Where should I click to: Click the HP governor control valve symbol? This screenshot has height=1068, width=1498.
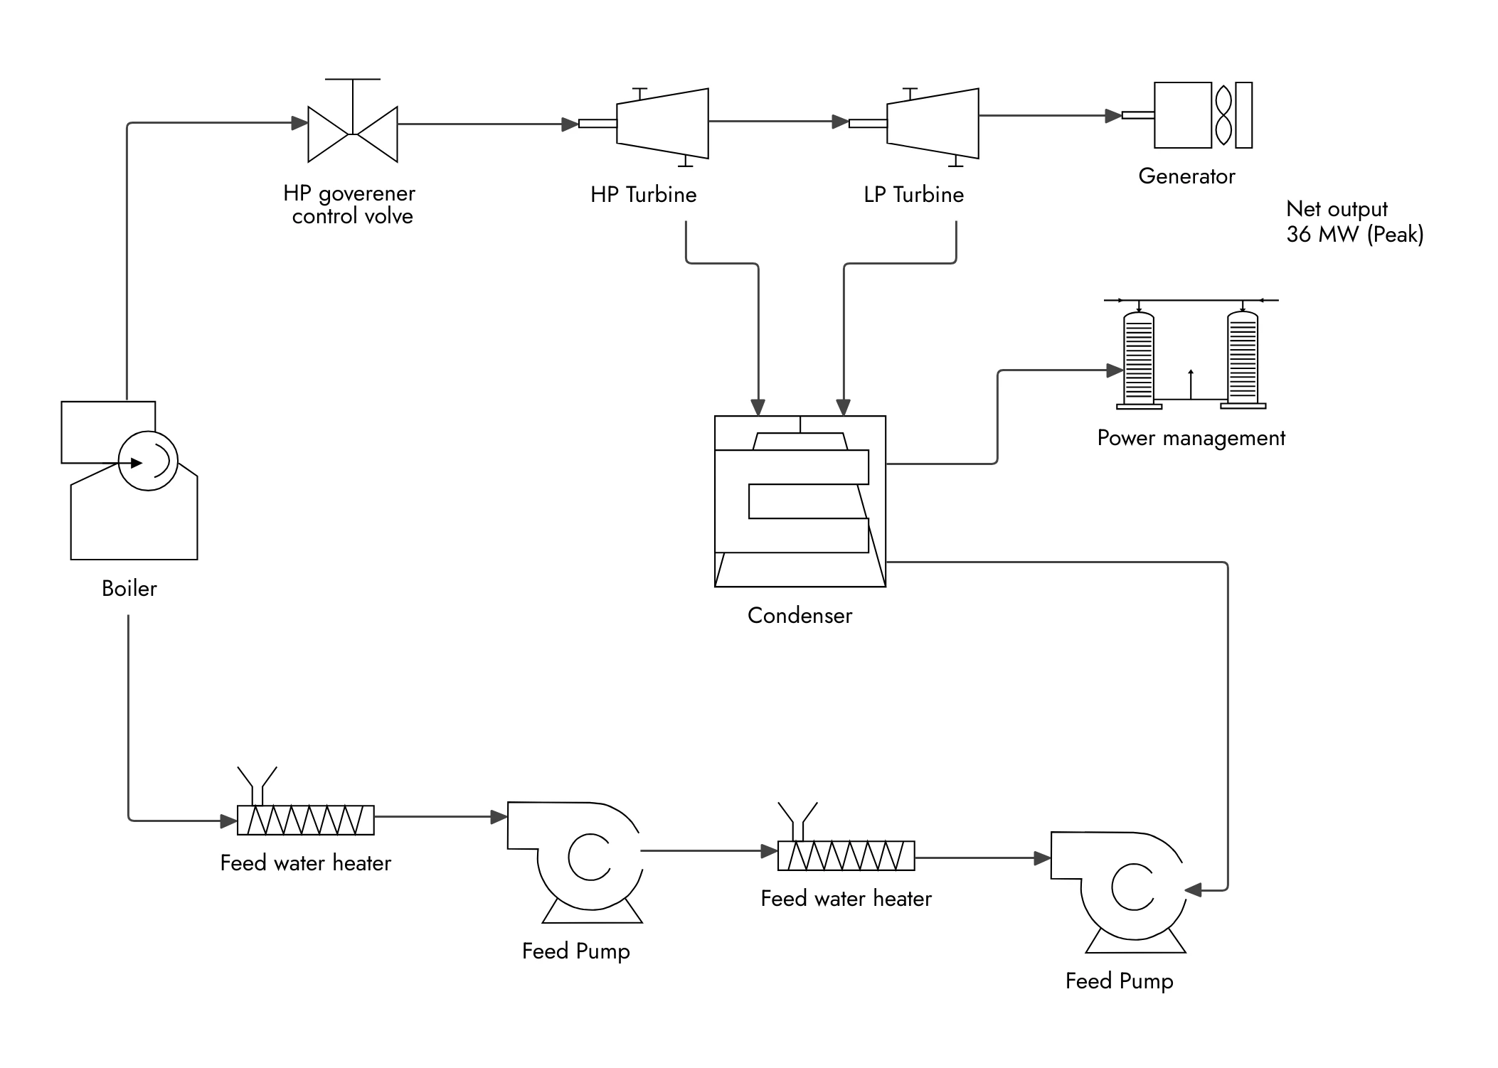352,134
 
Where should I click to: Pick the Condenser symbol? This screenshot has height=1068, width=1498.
800,501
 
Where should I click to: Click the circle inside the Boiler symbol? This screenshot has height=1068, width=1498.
148,461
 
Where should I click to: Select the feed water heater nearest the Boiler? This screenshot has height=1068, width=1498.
305,820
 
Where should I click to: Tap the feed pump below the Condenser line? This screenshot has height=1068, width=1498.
1119,889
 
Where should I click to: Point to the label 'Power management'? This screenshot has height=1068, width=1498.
1191,438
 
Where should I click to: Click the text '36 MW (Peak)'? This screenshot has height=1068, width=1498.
1354,234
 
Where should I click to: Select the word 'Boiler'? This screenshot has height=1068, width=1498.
129,588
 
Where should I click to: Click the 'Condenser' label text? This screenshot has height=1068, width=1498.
800,615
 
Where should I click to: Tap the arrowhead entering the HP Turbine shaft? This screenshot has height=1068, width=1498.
570,124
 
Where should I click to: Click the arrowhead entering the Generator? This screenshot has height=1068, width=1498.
1113,115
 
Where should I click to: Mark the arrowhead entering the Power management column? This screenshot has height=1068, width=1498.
1115,370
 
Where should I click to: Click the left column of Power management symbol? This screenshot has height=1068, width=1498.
1138,359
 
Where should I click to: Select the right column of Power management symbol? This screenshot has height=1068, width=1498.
1243,359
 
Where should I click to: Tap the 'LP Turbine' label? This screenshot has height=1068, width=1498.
913,195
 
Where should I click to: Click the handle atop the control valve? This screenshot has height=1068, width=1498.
352,80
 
